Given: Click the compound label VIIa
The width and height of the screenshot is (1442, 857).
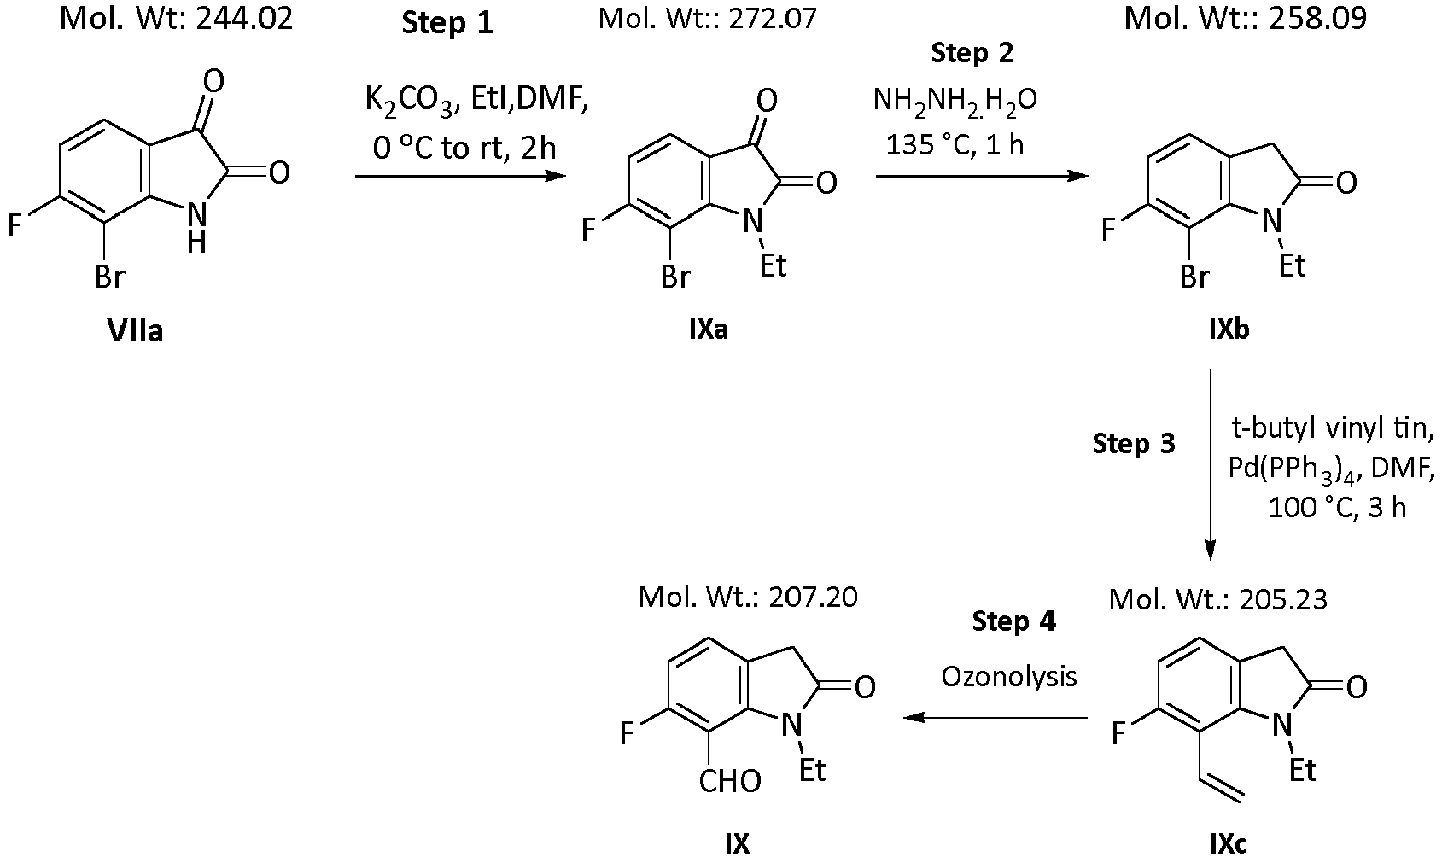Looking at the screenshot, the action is [x=135, y=331].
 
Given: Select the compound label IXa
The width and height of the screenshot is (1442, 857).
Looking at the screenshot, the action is [x=708, y=330].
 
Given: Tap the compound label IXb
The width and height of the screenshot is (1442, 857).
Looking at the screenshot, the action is [x=1229, y=330].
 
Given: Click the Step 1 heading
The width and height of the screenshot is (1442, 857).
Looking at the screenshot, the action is [x=447, y=23].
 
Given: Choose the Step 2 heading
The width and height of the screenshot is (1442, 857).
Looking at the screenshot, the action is [x=972, y=53].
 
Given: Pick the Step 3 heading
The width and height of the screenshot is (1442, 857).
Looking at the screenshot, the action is [x=1134, y=444].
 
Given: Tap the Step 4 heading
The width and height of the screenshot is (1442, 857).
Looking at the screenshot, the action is [x=1014, y=621].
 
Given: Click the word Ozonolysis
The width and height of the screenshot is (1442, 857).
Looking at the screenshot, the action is [x=1009, y=677].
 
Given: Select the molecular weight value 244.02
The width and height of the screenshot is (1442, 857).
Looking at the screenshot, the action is [x=245, y=19].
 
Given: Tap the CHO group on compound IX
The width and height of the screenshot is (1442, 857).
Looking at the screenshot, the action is [x=730, y=782].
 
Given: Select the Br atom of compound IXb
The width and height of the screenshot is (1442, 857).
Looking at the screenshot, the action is [x=1194, y=277].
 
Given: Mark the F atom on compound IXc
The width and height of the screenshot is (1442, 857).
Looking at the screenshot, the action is [x=1118, y=733].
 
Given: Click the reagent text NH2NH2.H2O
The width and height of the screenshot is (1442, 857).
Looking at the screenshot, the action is [x=955, y=101].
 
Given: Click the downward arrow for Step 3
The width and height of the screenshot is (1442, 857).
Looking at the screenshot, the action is [x=1211, y=464].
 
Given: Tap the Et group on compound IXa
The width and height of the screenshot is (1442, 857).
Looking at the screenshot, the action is [x=773, y=265].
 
